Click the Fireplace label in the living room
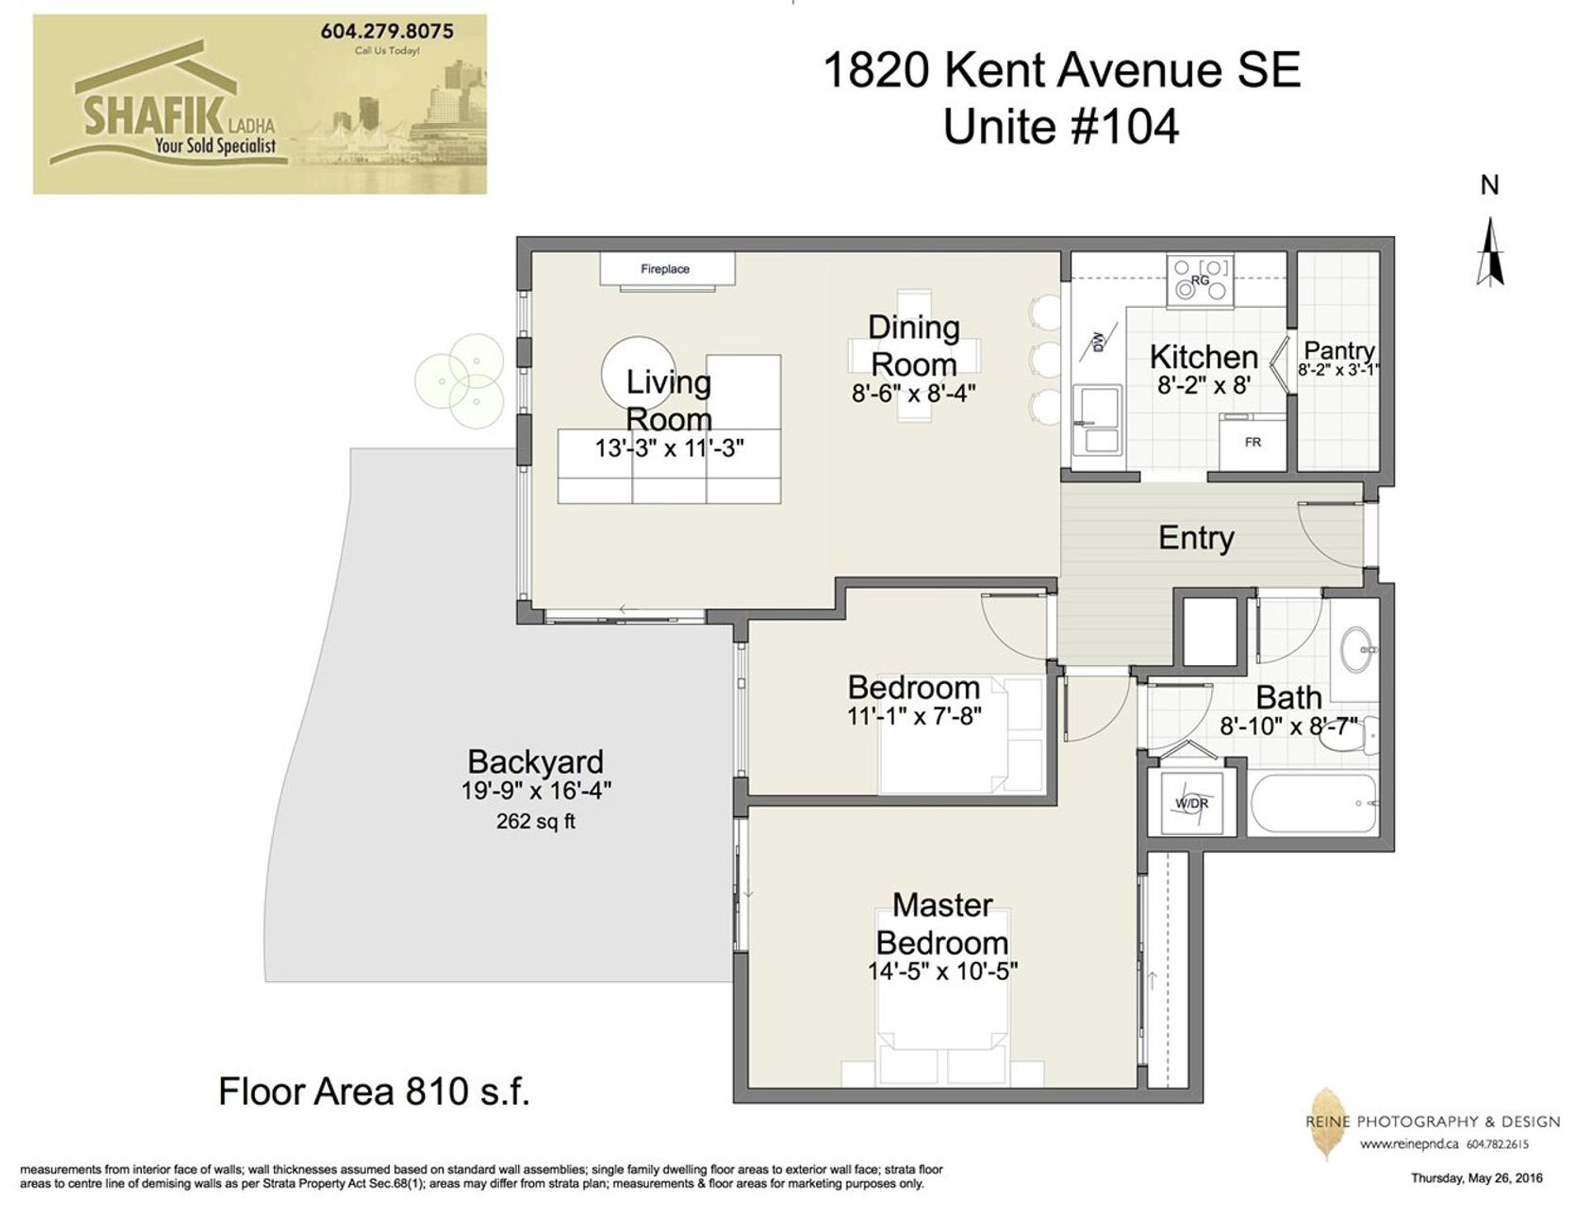(x=665, y=269)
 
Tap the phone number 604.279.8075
(x=387, y=31)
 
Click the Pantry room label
(x=1339, y=352)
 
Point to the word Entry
(x=1196, y=538)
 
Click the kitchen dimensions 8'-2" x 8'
(x=1204, y=385)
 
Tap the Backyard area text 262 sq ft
(x=535, y=822)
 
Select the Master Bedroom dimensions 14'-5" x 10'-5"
(x=942, y=972)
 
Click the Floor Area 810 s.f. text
(x=374, y=1092)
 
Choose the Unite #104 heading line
(x=1061, y=128)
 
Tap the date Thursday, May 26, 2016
(x=1477, y=1178)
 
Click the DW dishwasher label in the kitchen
(x=1098, y=342)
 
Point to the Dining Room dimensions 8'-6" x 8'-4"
(x=914, y=394)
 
